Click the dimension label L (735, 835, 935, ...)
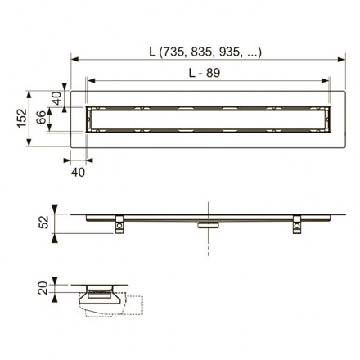(x=205, y=52)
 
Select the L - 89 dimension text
(x=205, y=73)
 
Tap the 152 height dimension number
(x=22, y=118)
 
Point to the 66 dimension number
(x=42, y=117)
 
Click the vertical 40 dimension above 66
(x=56, y=98)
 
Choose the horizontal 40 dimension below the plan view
(x=78, y=172)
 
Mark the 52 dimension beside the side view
(x=43, y=222)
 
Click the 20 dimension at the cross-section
(x=43, y=288)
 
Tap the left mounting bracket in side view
(x=119, y=224)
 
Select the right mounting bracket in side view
(x=297, y=224)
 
